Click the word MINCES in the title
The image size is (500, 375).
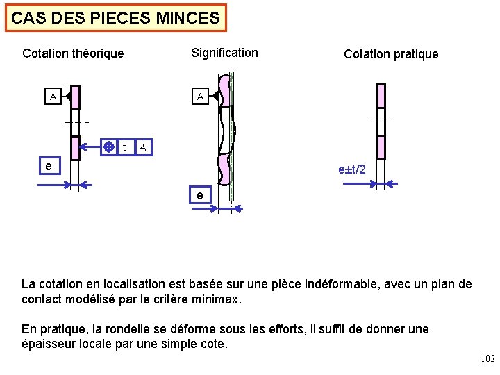[190, 18]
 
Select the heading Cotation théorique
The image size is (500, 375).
[73, 53]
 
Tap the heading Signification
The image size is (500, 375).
[224, 53]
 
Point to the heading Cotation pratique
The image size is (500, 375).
[391, 54]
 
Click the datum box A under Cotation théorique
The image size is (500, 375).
[52, 97]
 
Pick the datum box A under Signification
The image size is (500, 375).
[200, 97]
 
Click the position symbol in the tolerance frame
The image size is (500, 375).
[108, 147]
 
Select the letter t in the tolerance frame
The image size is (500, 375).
[124, 147]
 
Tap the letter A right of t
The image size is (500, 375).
[142, 147]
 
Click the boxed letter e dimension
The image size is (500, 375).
[200, 196]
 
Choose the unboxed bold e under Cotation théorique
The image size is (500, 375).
[47, 167]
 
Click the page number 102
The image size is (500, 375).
[487, 359]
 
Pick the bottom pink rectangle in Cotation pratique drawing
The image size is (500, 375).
[381, 148]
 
